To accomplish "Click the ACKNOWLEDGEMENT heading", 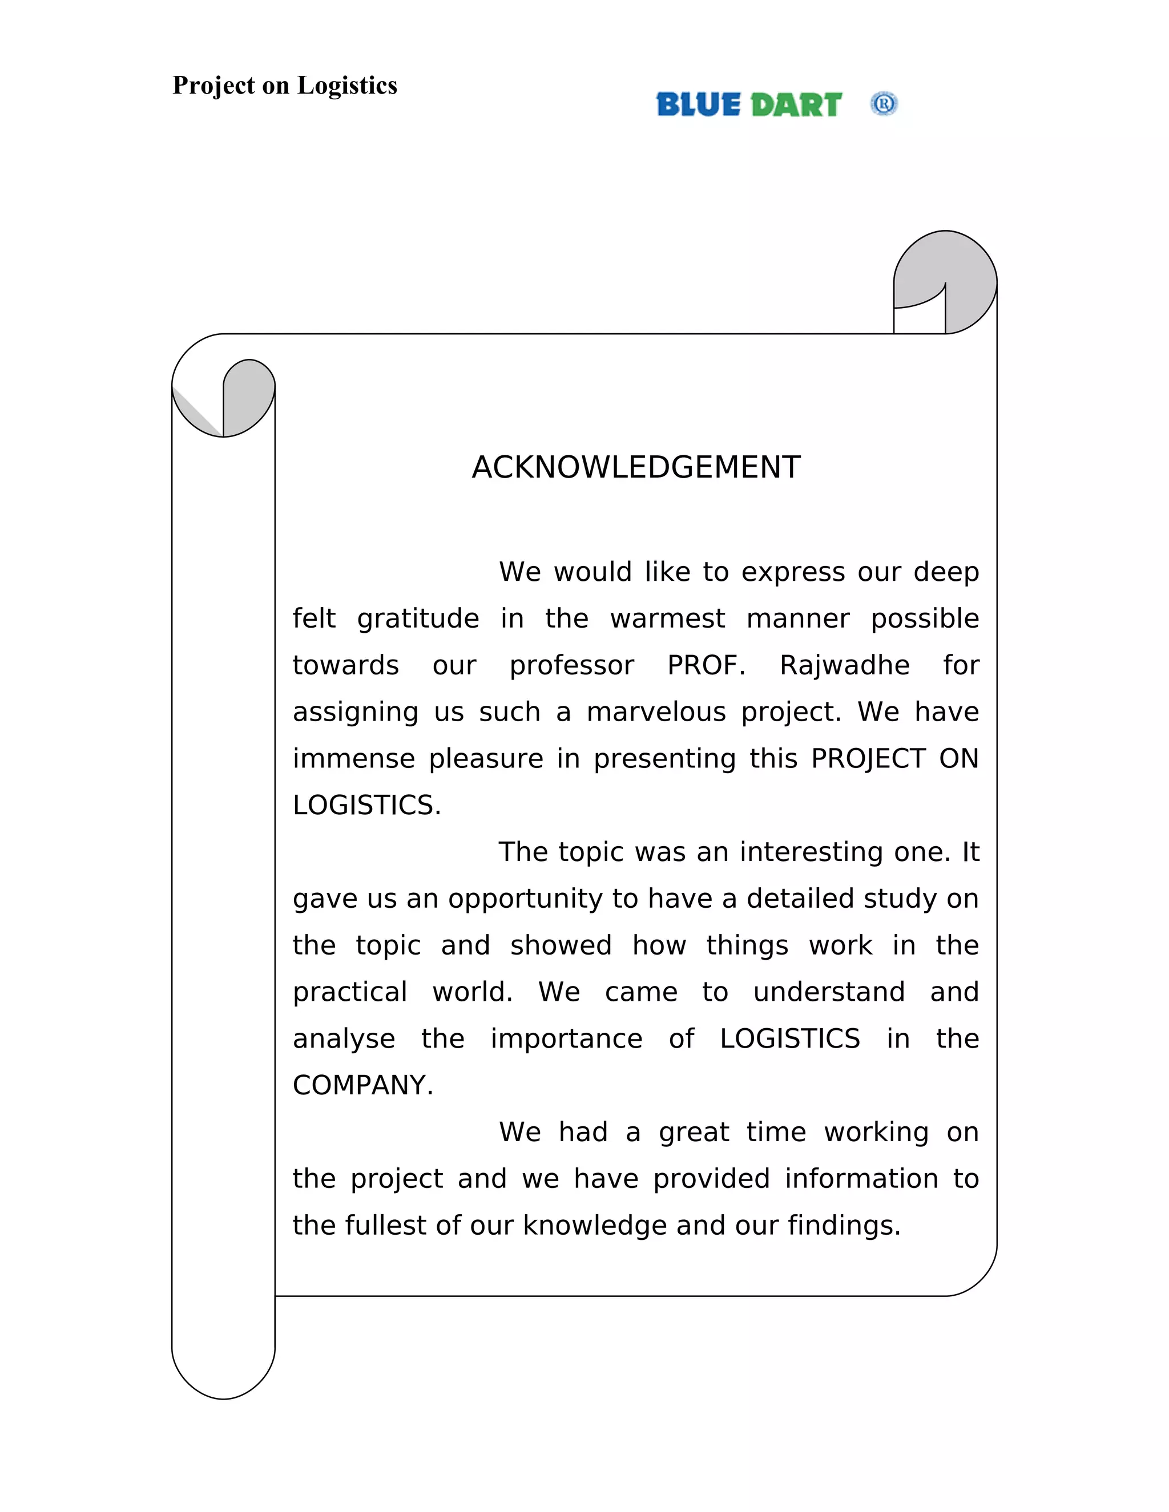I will [x=636, y=467].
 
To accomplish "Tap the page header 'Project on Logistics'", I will [x=285, y=86].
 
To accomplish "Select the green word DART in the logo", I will [x=796, y=105].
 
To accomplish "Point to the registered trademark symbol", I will [x=884, y=104].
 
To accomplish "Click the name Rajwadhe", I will [x=844, y=665].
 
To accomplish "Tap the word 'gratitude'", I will [x=418, y=619].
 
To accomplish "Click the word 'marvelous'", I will [x=656, y=713].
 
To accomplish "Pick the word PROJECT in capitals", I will [x=868, y=759].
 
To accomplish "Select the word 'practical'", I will [x=350, y=992].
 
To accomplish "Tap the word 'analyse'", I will [x=344, y=1038].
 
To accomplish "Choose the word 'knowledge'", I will [x=595, y=1226].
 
